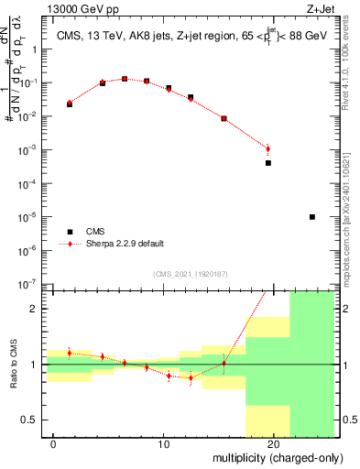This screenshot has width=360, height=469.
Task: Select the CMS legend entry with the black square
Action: [x=70, y=232]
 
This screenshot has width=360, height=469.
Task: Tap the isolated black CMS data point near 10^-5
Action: [x=312, y=217]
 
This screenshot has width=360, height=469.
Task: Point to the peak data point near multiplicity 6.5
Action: [x=125, y=79]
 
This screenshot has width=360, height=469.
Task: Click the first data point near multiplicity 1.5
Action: [x=70, y=104]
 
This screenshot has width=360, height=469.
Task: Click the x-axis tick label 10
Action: [x=163, y=444]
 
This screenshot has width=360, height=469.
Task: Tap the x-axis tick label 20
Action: [x=273, y=444]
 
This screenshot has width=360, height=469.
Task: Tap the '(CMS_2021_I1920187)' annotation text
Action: [x=190, y=272]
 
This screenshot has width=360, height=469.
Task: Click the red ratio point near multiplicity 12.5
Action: [x=191, y=377]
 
